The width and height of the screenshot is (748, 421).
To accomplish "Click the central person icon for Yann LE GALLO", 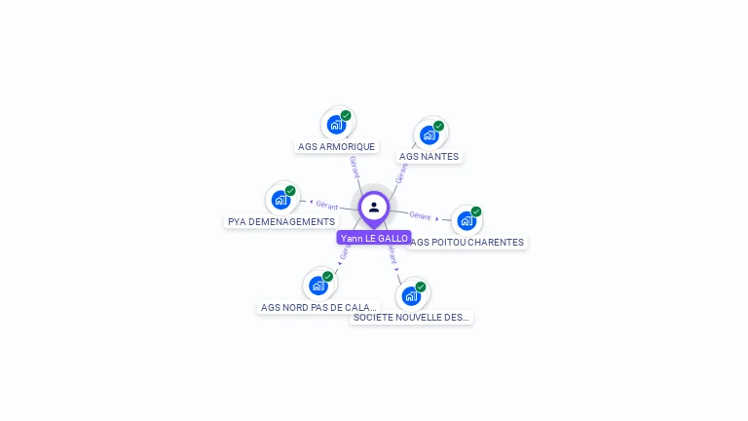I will click(x=374, y=207).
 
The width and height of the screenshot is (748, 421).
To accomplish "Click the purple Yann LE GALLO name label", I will click(x=374, y=238).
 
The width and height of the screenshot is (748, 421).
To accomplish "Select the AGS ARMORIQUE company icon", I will click(x=336, y=125).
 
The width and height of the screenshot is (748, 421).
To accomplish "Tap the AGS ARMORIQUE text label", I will click(x=336, y=147).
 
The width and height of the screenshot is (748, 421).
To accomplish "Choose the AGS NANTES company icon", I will click(x=429, y=134).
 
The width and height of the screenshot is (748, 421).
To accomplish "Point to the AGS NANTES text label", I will click(x=429, y=156).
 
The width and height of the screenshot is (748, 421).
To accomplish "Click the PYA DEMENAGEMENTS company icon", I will click(x=280, y=200).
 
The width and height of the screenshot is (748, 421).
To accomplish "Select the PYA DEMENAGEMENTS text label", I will click(x=281, y=222).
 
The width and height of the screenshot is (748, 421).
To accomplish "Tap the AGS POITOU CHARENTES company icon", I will click(x=467, y=220).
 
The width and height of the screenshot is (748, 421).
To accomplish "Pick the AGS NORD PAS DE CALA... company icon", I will click(x=318, y=286).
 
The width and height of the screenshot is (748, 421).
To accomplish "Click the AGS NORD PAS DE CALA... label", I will click(x=318, y=307).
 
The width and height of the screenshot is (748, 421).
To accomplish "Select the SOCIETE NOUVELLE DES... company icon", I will click(x=411, y=295).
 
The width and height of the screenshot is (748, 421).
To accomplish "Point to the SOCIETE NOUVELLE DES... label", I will click(x=411, y=317).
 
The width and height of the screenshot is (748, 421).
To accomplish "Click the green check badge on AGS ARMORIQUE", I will click(x=346, y=115).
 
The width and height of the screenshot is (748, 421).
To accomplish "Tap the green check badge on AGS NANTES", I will click(x=438, y=126).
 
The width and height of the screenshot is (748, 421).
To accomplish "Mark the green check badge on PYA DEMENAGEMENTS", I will click(x=290, y=191).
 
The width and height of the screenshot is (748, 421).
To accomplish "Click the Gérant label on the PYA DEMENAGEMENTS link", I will click(x=326, y=205).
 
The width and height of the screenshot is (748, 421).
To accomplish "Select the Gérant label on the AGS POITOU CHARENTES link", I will click(x=420, y=215).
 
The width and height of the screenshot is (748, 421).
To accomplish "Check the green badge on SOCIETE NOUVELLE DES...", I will click(x=421, y=287).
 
